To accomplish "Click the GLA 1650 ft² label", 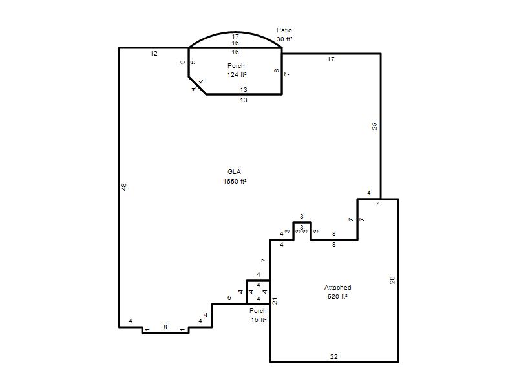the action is (235, 177).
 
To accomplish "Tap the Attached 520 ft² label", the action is (337, 292).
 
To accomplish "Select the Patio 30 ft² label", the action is (284, 35).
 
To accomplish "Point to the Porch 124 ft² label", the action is (237, 70).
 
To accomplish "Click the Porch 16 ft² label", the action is (258, 316).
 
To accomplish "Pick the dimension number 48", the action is (124, 187).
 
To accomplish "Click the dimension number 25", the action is (374, 126).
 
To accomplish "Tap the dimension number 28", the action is (392, 281).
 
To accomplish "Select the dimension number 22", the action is (333, 357).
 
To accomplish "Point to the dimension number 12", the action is (154, 54).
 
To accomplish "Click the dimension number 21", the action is (275, 301).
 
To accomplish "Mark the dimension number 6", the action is (229, 298).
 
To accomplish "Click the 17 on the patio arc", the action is (235, 37).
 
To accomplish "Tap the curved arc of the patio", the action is (235, 32).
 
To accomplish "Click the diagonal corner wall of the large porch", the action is (198, 85).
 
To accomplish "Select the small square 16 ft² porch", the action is (258, 292).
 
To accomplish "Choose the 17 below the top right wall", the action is (331, 59).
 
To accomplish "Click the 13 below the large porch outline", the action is (244, 100).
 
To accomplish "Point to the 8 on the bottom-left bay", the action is (165, 327).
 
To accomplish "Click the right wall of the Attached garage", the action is (398, 281).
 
